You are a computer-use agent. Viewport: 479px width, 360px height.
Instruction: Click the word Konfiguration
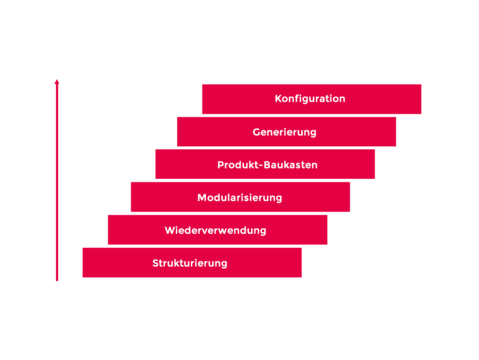(310, 99)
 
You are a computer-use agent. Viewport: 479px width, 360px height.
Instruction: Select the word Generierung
(284, 132)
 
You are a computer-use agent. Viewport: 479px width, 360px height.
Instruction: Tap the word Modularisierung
(239, 198)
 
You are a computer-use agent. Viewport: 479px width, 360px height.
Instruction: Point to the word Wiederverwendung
(215, 230)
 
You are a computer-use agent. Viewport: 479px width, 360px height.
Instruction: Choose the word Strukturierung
(190, 263)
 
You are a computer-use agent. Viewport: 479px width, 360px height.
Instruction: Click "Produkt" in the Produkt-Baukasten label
(238, 165)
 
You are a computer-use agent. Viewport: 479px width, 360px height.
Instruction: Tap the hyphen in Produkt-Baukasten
(261, 166)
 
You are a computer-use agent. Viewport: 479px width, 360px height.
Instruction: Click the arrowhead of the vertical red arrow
(57, 82)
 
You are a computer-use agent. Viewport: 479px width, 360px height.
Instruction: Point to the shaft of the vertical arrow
(57, 182)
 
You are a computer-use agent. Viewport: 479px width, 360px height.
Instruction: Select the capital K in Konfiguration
(278, 99)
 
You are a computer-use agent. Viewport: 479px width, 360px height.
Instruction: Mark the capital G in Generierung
(256, 132)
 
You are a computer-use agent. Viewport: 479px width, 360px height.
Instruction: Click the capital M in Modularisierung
(202, 198)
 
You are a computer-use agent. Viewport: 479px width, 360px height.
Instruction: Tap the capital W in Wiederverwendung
(171, 230)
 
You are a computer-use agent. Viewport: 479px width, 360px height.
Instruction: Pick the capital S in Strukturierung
(156, 263)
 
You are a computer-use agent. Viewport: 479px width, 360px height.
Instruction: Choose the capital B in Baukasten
(267, 165)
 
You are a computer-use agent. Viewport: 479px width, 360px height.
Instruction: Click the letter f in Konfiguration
(295, 99)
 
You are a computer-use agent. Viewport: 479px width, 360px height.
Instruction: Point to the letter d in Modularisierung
(219, 198)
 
